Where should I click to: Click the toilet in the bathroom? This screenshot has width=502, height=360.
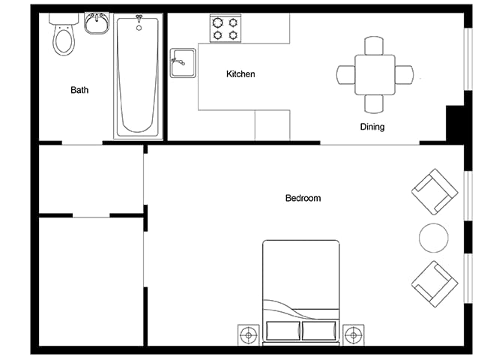[64, 34]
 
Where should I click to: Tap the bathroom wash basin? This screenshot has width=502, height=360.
[97, 22]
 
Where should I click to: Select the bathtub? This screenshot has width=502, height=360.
[138, 76]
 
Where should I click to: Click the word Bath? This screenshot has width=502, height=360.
[79, 90]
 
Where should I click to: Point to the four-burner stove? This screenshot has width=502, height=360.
[226, 28]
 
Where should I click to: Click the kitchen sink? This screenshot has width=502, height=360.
[183, 63]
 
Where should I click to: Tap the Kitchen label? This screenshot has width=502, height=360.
[241, 74]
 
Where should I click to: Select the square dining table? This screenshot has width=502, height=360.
[375, 75]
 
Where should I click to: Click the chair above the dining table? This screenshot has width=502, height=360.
[374, 46]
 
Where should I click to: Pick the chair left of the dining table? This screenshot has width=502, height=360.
[345, 75]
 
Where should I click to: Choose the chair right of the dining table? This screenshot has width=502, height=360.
[404, 75]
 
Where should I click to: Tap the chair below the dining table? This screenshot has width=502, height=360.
[374, 104]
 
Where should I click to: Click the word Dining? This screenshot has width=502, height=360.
[372, 127]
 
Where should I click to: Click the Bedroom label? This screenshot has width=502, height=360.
[303, 198]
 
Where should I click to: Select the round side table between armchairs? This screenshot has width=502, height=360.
[434, 238]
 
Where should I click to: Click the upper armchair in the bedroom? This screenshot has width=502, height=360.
[435, 192]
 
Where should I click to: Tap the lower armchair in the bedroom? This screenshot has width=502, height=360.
[435, 284]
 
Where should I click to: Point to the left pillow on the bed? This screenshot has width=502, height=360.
[283, 331]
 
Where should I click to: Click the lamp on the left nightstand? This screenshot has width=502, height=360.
[249, 335]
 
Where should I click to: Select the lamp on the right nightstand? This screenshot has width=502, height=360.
[353, 335]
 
